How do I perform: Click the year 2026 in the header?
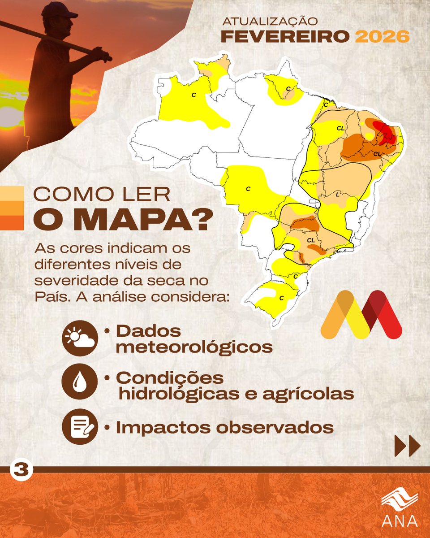[383, 36]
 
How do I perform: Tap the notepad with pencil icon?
[80, 427]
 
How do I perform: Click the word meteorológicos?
[194, 347]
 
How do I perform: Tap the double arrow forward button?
[407, 446]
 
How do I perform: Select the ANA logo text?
[400, 521]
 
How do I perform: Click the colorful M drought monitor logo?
[361, 314]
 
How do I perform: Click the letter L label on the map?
[337, 194]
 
